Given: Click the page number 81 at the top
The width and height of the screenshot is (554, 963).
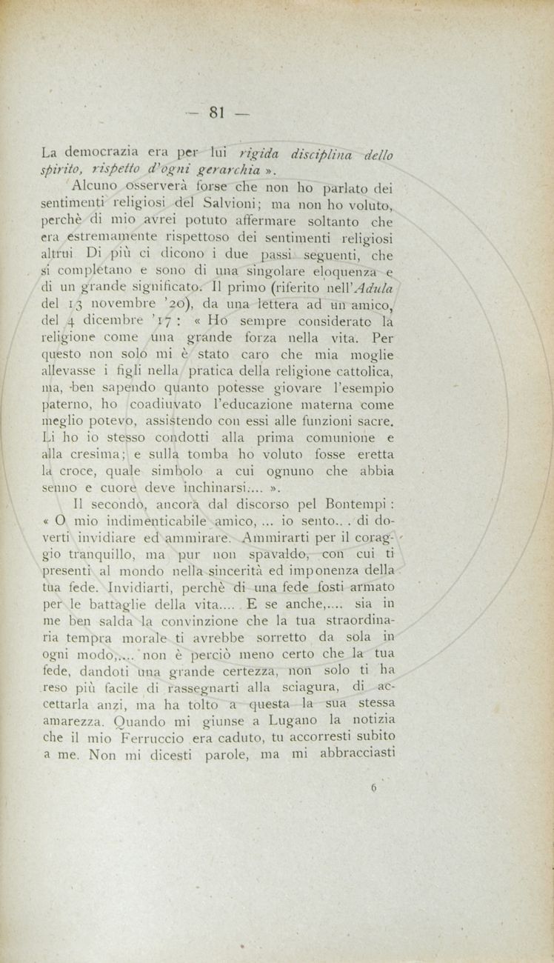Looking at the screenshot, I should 216,113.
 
